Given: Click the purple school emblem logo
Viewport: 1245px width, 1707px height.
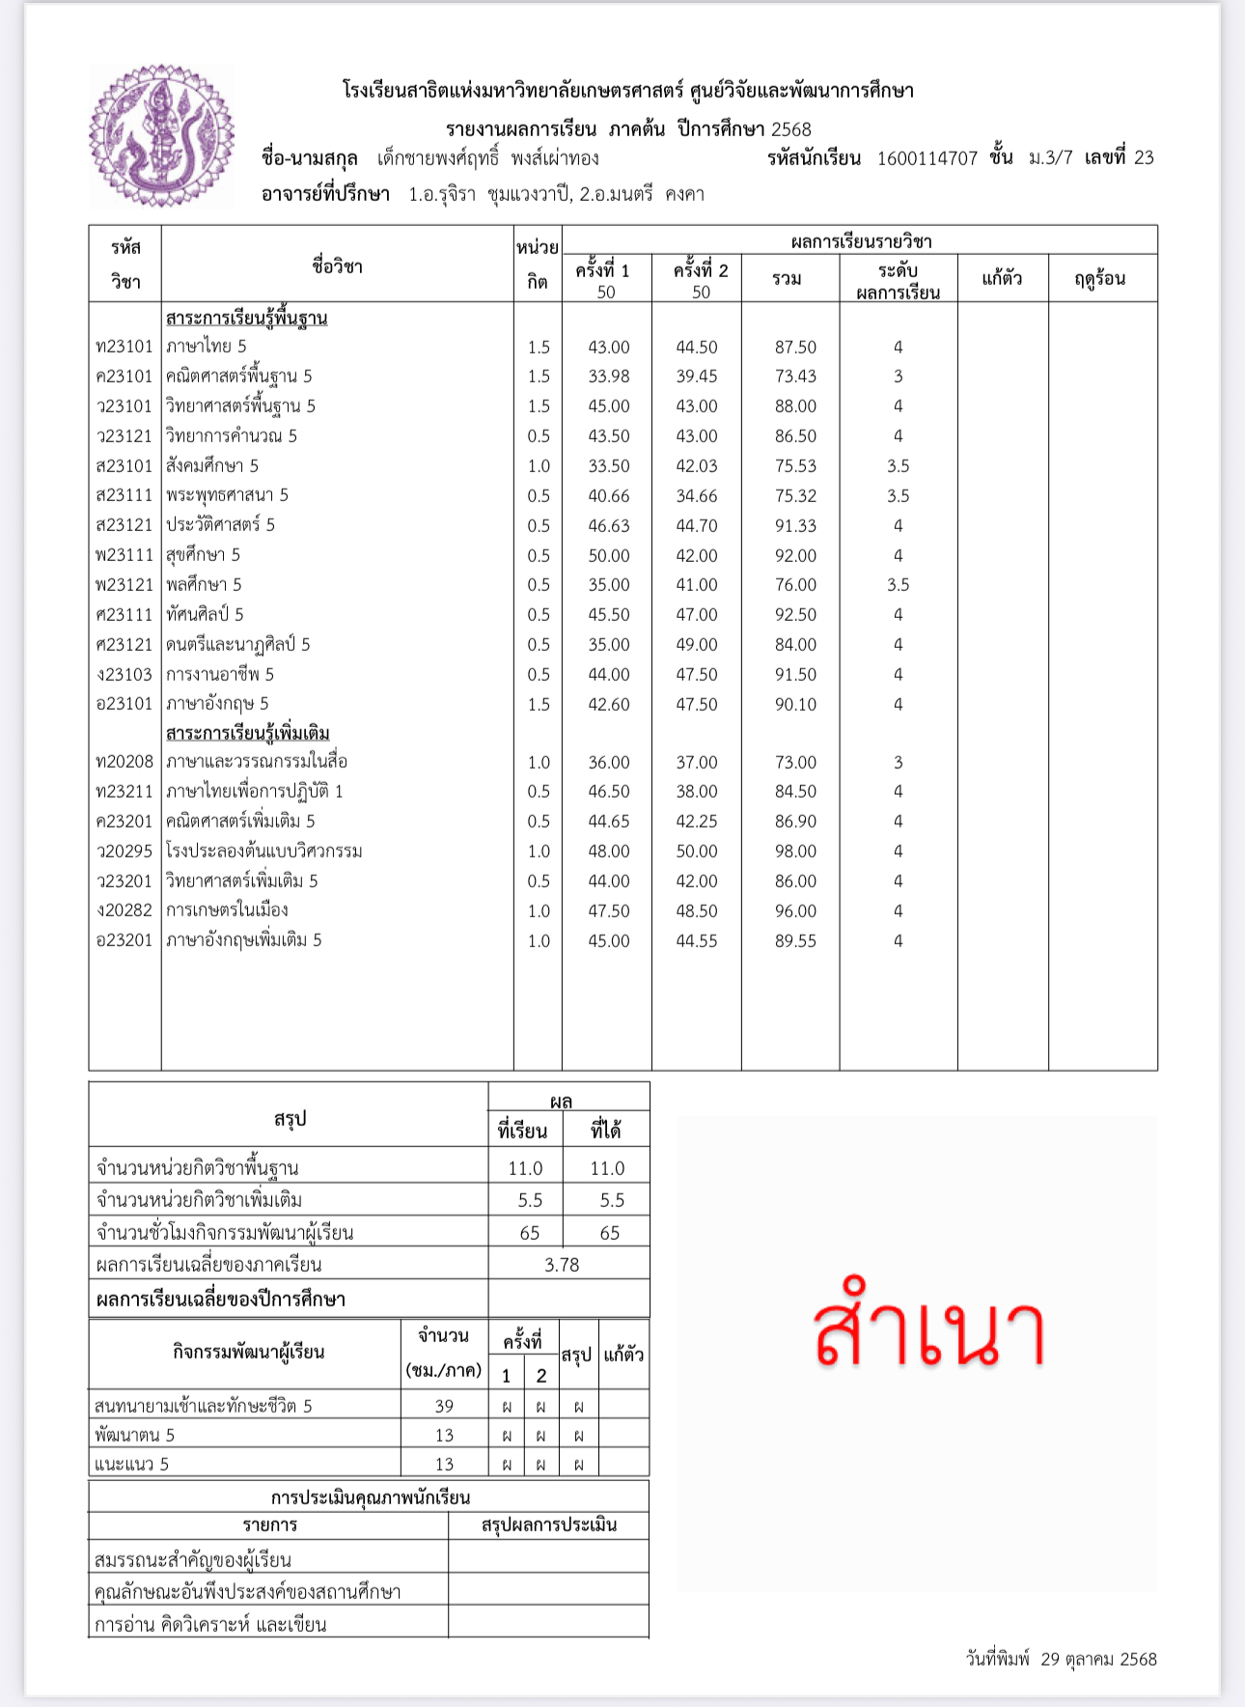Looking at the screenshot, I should pos(161,136).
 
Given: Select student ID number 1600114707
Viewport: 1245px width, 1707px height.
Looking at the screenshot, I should pos(927,158).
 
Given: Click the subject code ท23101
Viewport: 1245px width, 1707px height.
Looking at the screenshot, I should pos(124,347).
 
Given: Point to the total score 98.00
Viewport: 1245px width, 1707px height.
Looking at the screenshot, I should pos(795,852).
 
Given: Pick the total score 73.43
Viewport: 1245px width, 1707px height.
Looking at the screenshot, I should pos(795,377).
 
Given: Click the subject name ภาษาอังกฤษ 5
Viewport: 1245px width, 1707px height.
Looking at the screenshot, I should pos(217,704).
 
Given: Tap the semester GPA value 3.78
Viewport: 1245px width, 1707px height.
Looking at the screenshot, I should pos(562,1265).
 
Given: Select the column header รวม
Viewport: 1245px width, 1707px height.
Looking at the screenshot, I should pos(787,279).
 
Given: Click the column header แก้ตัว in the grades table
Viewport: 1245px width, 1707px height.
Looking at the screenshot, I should pos(1002,279).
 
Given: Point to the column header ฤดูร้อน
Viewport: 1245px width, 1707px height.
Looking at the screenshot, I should pos(1100,279).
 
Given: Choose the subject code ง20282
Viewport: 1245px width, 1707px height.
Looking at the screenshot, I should pos(124,910).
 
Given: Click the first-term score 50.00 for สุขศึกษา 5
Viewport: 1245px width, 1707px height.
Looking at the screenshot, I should pos(609,556).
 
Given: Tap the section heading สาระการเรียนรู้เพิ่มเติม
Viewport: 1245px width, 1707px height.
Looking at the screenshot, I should pos(247,734).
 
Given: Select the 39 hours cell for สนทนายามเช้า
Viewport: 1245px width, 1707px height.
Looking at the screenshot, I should pos(444,1407).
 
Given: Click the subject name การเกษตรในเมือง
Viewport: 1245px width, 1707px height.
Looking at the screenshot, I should pos(227,910).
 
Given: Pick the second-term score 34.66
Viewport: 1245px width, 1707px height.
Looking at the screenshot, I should pos(696,496).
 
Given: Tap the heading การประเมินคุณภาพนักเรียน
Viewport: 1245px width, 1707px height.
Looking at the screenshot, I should pos(370,1497).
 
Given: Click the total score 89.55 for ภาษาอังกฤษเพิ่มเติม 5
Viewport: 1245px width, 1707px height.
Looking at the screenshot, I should pos(795,941).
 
